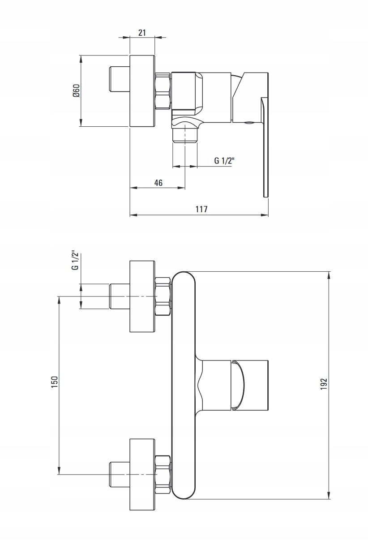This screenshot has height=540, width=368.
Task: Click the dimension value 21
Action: tap(142, 33)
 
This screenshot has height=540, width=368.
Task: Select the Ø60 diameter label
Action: tap(76, 91)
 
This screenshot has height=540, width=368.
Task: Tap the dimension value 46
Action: tap(158, 183)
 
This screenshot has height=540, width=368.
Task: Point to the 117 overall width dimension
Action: tap(201, 209)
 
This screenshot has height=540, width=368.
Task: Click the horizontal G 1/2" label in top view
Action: tap(224, 161)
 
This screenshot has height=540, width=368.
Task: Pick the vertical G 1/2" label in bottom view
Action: tap(75, 261)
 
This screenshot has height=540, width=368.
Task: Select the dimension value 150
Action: tap(55, 381)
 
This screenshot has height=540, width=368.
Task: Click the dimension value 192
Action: tap(324, 384)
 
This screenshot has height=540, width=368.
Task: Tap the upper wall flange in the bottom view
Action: tap(142, 296)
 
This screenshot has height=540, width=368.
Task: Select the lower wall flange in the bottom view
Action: tap(142, 474)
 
